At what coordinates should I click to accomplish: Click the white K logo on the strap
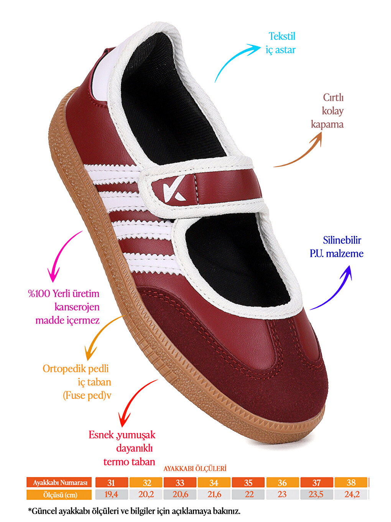point(174,189)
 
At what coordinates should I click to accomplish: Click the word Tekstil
point(282,36)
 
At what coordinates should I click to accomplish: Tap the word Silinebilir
point(342,240)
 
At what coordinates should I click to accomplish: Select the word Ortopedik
point(61,369)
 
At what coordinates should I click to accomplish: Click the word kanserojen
point(77,307)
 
